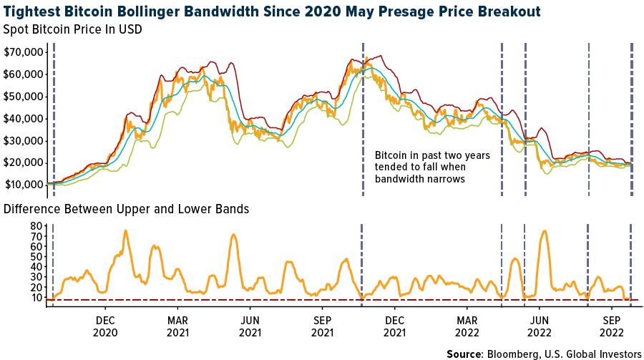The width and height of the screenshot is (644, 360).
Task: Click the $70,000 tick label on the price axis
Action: (24, 52)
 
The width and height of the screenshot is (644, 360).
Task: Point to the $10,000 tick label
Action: (24, 184)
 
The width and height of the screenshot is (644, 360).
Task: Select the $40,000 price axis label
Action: (24, 118)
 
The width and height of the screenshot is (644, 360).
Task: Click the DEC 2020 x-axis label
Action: (105, 327)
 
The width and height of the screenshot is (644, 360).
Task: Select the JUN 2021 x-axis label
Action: (250, 327)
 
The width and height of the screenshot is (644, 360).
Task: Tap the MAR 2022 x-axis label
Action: (467, 327)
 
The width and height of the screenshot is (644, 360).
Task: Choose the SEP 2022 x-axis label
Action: (613, 327)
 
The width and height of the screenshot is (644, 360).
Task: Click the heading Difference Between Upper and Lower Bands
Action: (126, 209)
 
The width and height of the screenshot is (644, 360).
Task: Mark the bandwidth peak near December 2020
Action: (125, 231)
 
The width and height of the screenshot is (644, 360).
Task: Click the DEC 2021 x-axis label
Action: (395, 327)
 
